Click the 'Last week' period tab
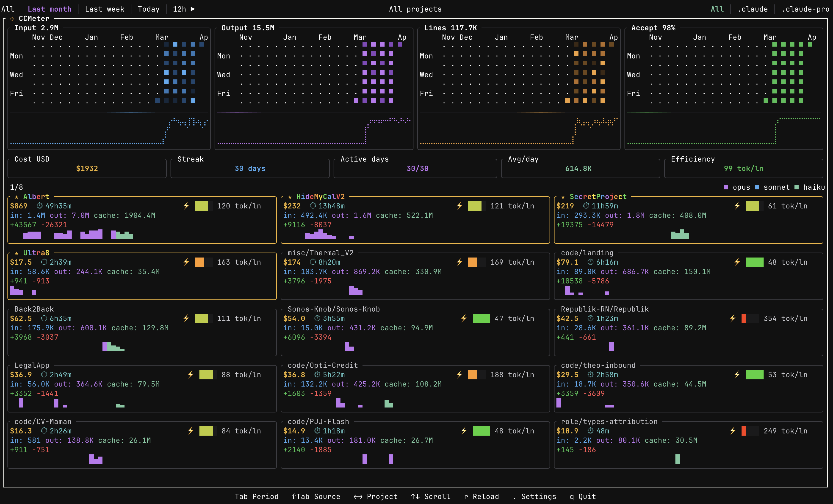(104, 9)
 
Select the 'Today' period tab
(148, 9)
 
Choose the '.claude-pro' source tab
(805, 9)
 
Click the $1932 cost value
(87, 168)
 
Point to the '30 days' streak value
(250, 168)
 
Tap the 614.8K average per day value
(578, 168)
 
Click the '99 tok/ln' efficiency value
(743, 168)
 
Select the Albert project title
(36, 197)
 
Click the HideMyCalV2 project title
(320, 197)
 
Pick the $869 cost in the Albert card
(19, 206)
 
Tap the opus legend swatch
(726, 187)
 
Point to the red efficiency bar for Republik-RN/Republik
(743, 318)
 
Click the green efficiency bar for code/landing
(754, 262)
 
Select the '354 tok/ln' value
(785, 318)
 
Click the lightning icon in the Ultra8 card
(186, 262)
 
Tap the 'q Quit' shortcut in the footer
(583, 497)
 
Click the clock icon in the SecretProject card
(586, 206)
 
